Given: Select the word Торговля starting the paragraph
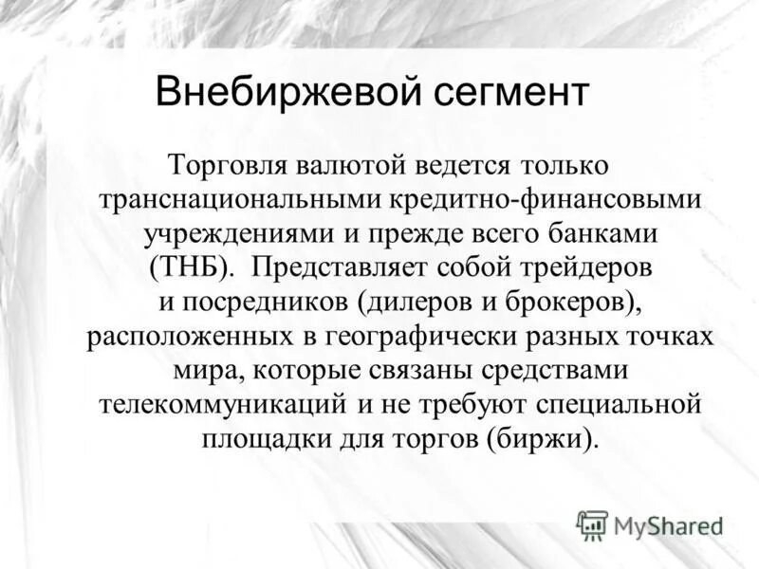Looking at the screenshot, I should [227, 165].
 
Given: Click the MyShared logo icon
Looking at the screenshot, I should [592, 523].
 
